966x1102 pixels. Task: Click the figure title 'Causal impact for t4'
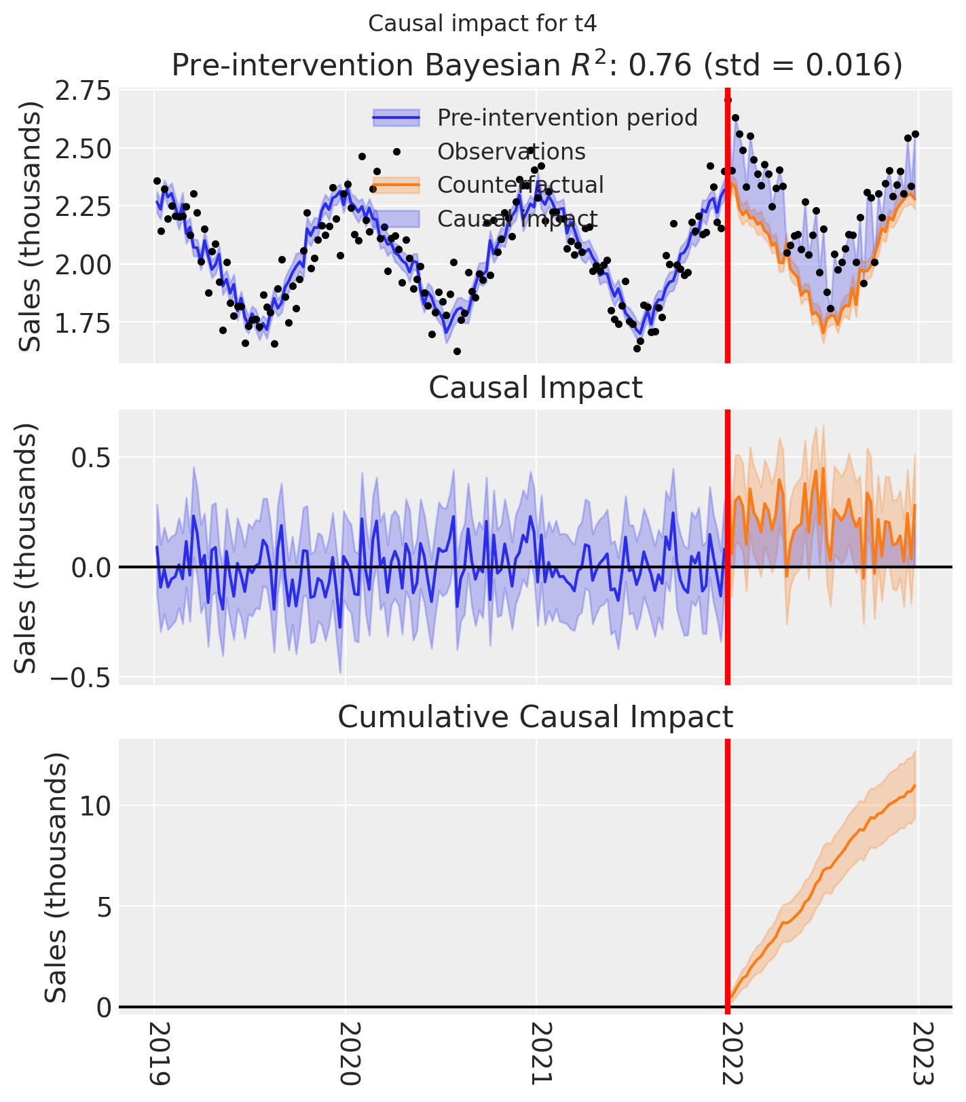coord(482,24)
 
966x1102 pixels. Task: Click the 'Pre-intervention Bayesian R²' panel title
coord(536,66)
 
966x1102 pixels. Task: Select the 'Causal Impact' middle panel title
coord(536,388)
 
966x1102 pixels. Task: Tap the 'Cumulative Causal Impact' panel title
coord(536,717)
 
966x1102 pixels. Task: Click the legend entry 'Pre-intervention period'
coord(567,117)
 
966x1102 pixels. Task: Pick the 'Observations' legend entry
coord(511,151)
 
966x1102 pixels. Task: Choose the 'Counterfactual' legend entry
coord(520,185)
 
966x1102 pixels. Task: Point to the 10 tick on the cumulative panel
coord(94,806)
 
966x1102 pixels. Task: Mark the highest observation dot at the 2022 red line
coord(728,100)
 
